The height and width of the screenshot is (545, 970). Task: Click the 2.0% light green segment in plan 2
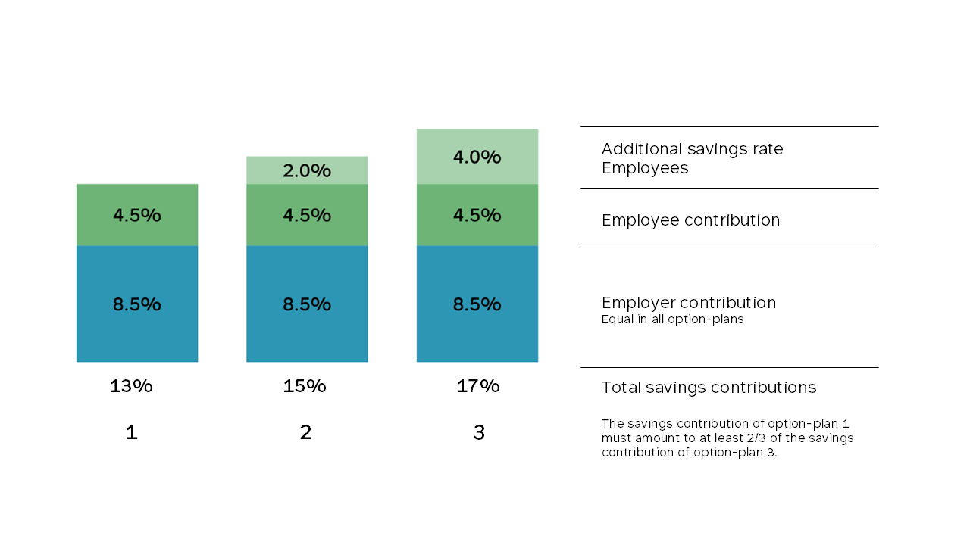point(307,170)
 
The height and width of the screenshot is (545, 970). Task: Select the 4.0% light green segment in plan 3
point(477,157)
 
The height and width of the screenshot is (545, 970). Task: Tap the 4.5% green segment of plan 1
point(137,215)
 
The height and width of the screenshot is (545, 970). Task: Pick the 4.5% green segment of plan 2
point(307,215)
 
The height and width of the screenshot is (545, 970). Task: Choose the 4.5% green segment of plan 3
point(477,215)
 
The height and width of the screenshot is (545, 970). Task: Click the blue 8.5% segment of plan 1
point(137,304)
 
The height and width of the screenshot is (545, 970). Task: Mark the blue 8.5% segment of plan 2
point(307,304)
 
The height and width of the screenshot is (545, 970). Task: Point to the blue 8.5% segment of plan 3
point(477,304)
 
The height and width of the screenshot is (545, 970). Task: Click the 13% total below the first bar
point(131,386)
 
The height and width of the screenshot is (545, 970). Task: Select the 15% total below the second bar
point(305,386)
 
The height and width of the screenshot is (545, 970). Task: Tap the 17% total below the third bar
point(478,386)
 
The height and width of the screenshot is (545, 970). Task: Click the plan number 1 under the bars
point(131,433)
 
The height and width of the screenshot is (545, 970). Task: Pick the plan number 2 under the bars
point(305,433)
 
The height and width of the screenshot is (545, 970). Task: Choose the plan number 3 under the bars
point(478,433)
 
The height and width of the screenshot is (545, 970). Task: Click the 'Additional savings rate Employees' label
point(692,158)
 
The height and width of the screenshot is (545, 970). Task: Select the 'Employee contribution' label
point(690,220)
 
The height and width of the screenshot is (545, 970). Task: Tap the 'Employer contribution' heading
point(689,303)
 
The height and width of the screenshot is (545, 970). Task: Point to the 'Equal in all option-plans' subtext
point(672,319)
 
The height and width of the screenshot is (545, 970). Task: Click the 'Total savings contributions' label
point(709,388)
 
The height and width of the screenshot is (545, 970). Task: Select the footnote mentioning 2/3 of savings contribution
point(727,438)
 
